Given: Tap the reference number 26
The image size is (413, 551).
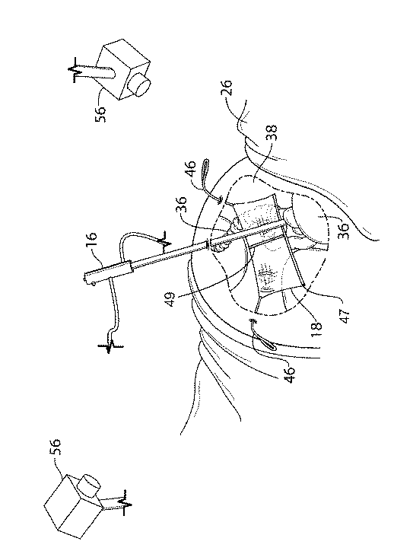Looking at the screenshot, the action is [227, 88].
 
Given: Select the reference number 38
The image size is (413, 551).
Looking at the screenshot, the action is [272, 133].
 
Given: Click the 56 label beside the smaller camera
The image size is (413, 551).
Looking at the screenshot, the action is [100, 113].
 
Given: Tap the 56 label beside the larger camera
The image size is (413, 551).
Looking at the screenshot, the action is [56, 447].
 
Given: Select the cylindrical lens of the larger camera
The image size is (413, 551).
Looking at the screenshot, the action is [88, 486].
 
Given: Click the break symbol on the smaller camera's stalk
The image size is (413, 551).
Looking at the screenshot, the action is [75, 69].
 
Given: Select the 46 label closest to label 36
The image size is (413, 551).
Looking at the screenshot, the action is [190, 170].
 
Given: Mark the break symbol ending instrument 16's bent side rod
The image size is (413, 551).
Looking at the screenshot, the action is [110, 346].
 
